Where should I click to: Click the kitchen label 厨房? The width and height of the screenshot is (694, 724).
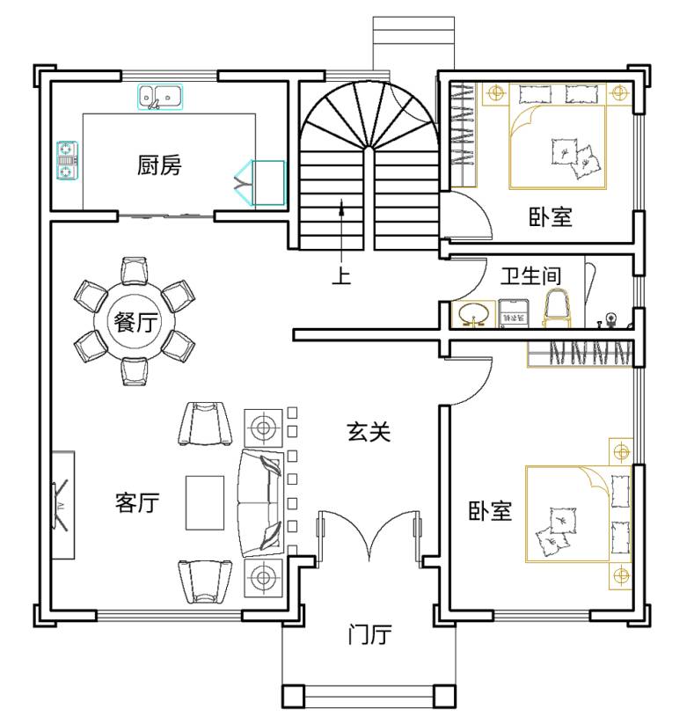159,165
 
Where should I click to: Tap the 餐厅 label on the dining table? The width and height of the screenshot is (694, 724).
135,322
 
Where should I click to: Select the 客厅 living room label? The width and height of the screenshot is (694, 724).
137,502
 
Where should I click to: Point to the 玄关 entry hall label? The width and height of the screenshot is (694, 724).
369,432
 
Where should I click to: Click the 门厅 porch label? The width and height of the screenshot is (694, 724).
369,634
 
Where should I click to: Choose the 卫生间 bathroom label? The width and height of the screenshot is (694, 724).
531,276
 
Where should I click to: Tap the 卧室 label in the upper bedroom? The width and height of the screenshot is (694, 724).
551,216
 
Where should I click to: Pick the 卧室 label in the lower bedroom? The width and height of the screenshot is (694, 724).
490,511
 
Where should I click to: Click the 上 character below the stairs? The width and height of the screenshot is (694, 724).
341,275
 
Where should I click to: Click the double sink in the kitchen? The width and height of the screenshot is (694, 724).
160,97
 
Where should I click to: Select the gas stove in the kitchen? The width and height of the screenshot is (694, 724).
68,160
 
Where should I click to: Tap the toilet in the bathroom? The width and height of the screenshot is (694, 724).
557,309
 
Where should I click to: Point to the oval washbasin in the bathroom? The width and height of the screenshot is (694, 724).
474,314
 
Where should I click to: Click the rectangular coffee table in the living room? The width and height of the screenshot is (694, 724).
205,503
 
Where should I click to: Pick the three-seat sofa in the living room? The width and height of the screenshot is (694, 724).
260,502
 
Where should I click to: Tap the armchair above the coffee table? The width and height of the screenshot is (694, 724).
206,424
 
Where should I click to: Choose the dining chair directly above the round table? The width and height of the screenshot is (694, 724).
135,270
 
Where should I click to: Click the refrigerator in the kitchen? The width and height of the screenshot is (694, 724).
268,183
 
